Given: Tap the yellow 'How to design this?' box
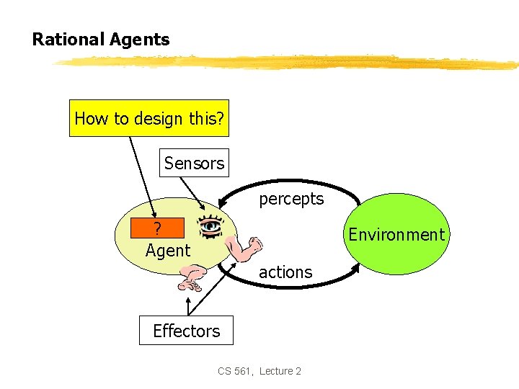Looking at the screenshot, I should [149, 118].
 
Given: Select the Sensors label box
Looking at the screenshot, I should [194, 164].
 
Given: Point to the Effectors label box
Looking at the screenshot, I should [186, 331].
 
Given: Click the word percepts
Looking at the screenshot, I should [291, 199].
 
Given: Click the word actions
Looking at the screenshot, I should [285, 272].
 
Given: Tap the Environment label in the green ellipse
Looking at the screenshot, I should [396, 235].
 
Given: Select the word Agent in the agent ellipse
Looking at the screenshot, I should [168, 251].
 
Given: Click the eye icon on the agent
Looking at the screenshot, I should [210, 226].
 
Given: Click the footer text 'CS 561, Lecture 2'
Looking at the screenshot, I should [259, 371].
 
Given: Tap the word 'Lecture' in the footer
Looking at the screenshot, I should [276, 371].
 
